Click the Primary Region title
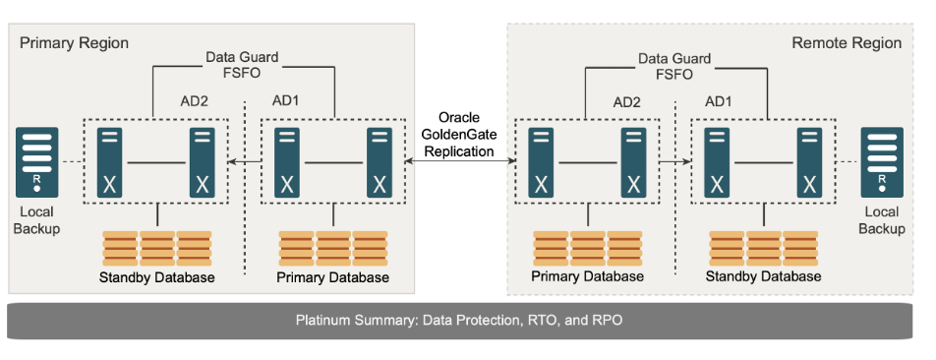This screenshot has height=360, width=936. tap(74, 43)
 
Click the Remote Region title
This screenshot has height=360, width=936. tap(847, 43)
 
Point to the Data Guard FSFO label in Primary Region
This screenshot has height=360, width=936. tap(242, 65)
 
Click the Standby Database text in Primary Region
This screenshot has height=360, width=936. tap(156, 277)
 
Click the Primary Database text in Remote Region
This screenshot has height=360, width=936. tap(588, 276)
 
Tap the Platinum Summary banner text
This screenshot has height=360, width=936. tap(461, 321)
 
